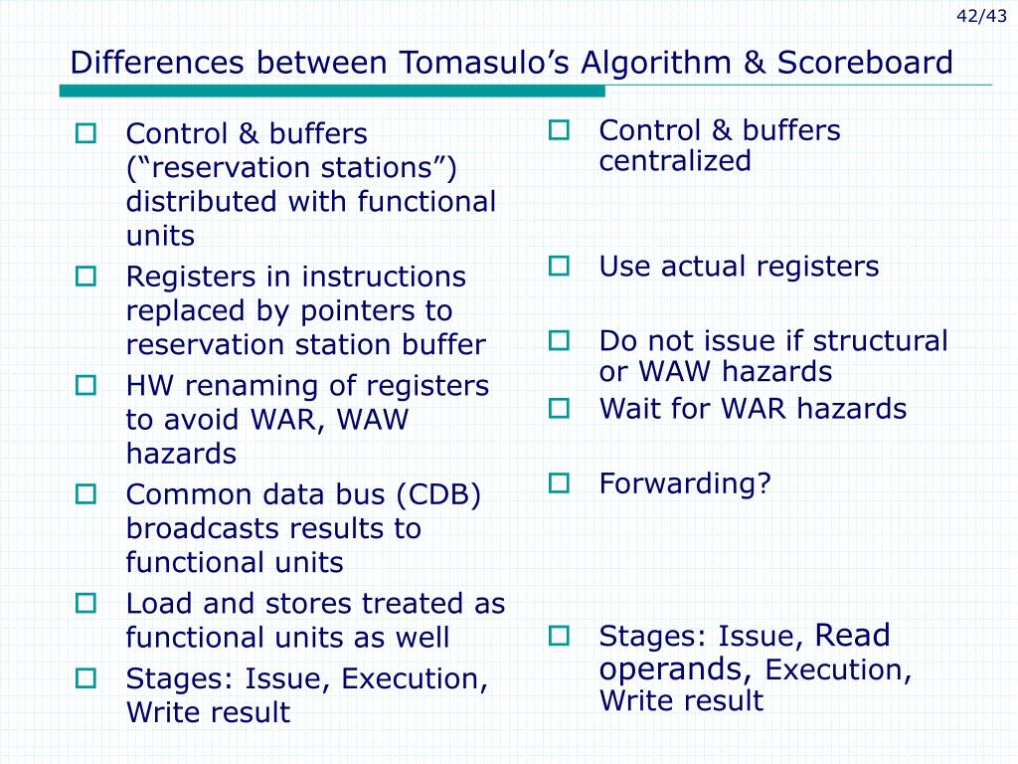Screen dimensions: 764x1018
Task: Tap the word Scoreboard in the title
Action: (865, 64)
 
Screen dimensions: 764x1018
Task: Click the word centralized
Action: (674, 161)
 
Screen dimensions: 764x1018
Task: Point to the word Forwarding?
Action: (685, 484)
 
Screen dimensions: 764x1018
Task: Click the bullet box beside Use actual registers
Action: (559, 266)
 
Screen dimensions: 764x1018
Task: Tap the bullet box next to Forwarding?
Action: (559, 483)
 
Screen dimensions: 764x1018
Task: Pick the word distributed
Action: (203, 202)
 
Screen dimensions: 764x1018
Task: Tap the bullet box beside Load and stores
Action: (85, 603)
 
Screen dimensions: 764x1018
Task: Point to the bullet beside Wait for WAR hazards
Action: (559, 408)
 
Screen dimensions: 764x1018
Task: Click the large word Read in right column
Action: (852, 635)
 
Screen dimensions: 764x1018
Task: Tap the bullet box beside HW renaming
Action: (85, 385)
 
